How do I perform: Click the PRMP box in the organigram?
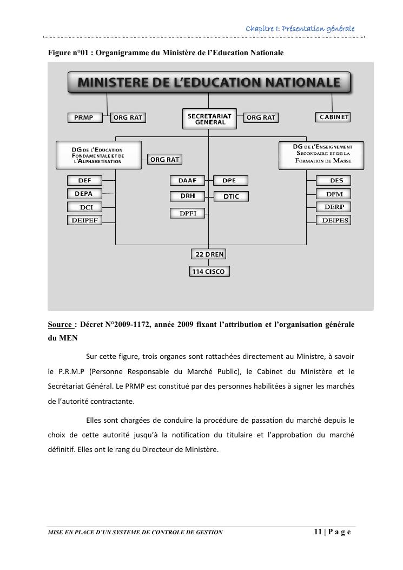point(84,117)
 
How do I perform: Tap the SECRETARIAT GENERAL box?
point(209,119)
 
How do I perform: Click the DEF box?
point(84,180)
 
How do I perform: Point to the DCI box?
point(84,207)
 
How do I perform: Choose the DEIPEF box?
point(84,220)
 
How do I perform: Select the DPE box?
point(231,180)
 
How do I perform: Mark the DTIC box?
point(231,196)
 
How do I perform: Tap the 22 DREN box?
point(209,254)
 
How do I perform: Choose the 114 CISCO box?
point(209,271)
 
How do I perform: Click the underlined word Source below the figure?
point(60,325)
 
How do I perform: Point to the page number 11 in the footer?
point(318,532)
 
